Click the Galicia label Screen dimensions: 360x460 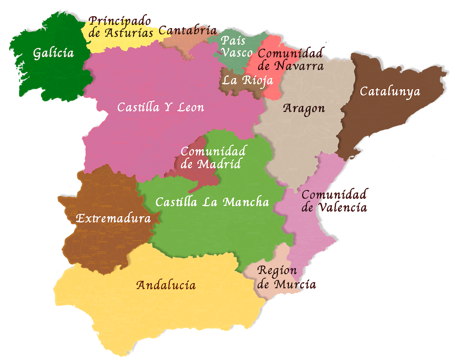pos(53,53)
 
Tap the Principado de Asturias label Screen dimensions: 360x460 pos(121,27)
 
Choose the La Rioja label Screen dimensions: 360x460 pos(247,81)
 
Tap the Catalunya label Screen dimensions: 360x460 pos(390,92)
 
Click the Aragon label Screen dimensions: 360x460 pos(304,109)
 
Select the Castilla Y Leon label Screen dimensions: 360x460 pos(161,107)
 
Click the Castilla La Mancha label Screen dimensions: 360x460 pos(212,202)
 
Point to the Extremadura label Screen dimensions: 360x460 pos(113,219)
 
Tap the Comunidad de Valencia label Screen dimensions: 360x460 pos(334,201)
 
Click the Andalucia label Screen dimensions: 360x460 pos(166,285)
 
